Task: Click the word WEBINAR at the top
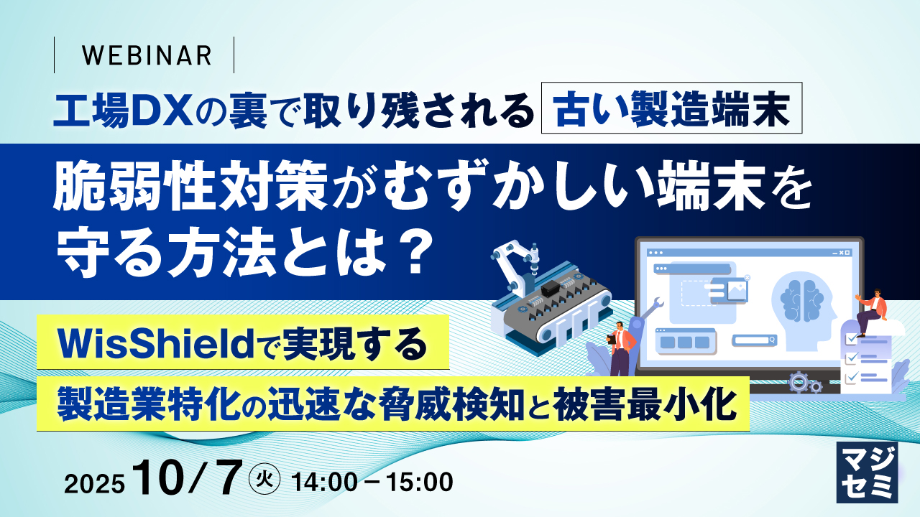(147, 55)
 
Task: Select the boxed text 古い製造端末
(671, 111)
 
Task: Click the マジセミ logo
(867, 472)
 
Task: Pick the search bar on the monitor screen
(755, 340)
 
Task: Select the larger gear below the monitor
(798, 381)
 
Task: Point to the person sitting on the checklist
(872, 309)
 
